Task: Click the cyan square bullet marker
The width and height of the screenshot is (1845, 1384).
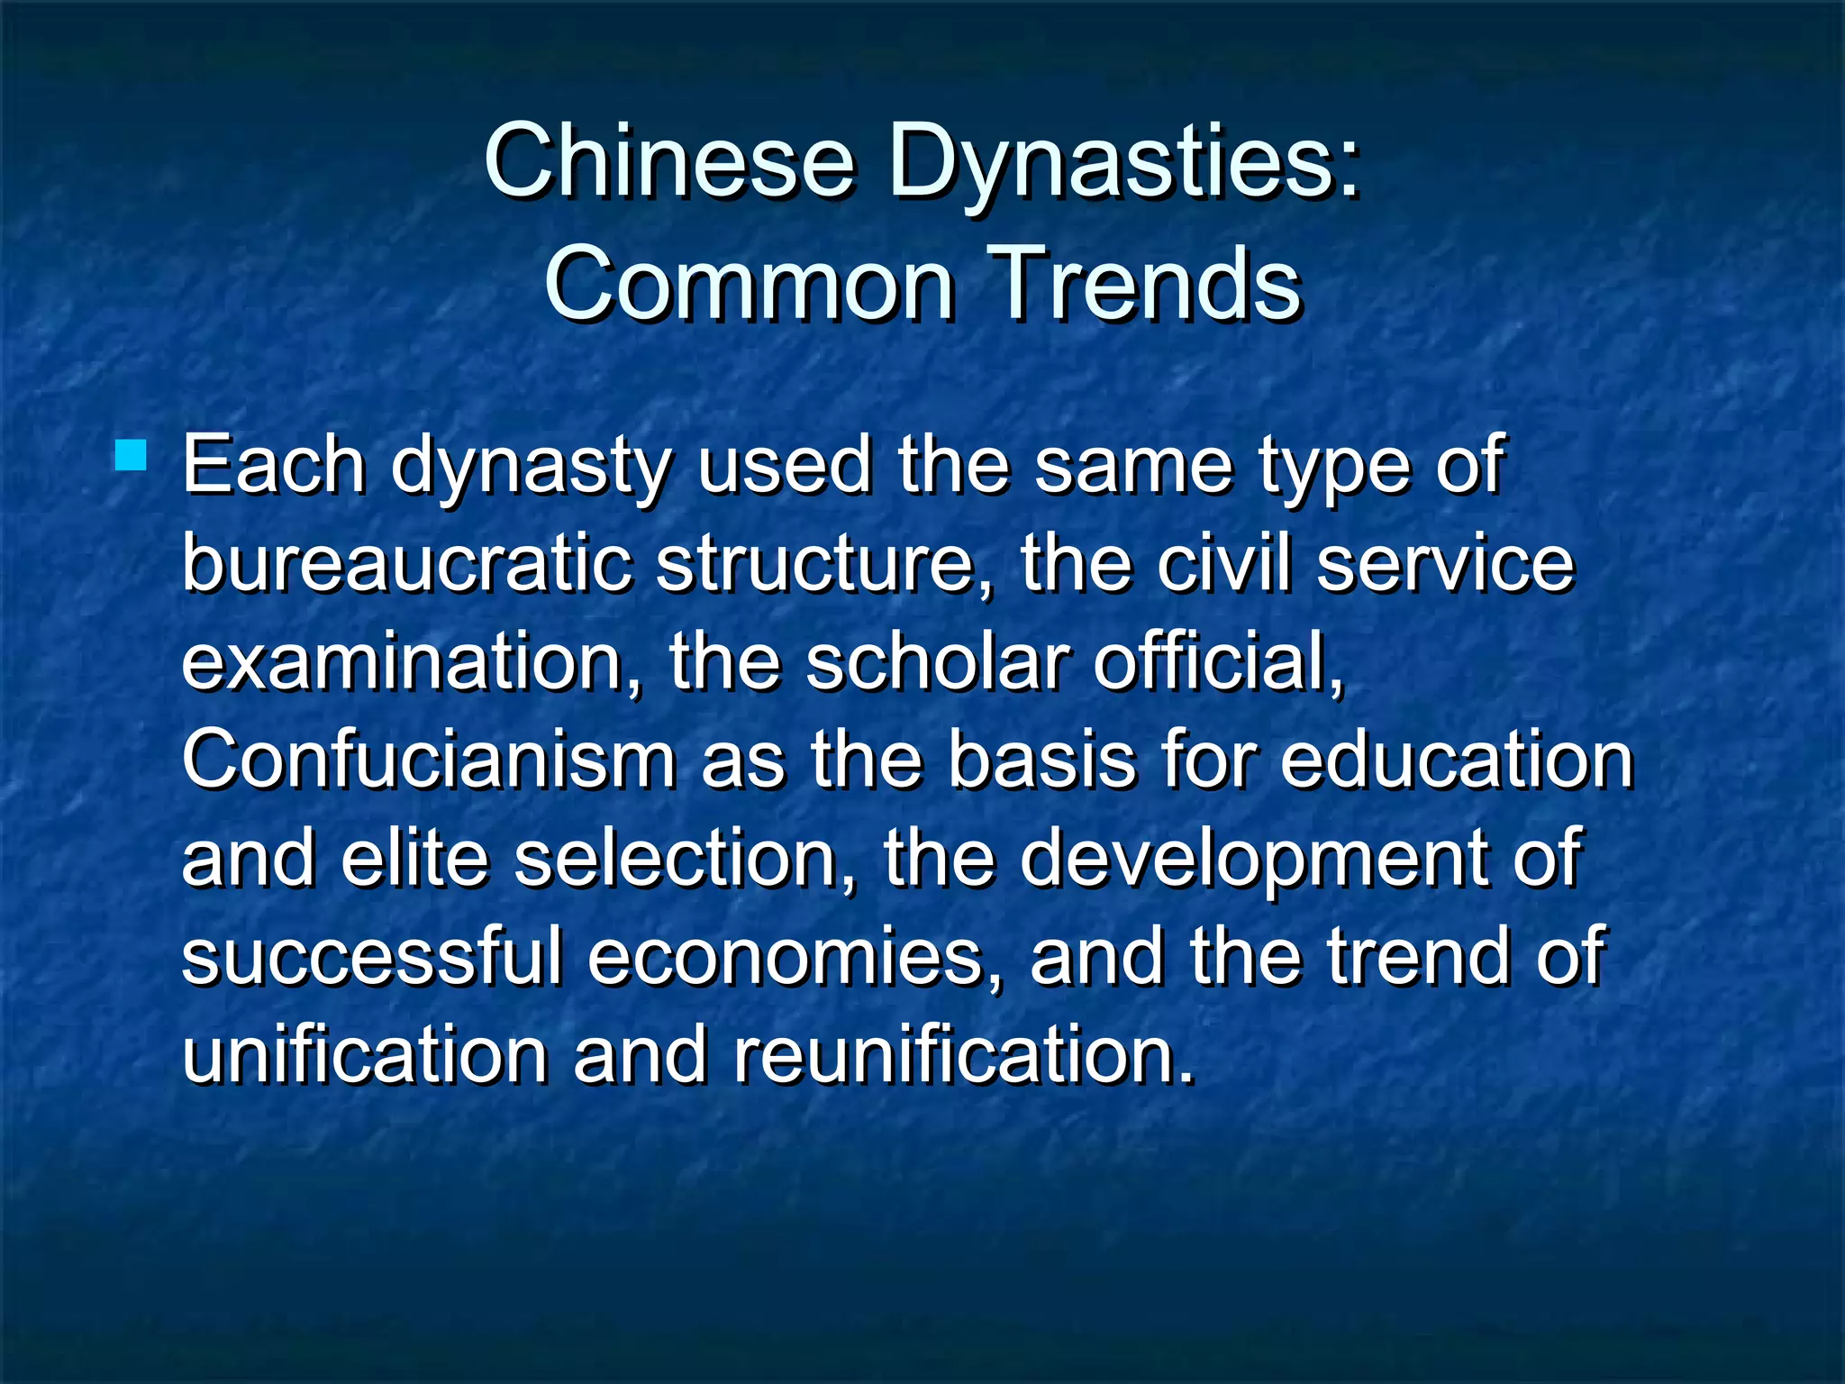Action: tap(132, 455)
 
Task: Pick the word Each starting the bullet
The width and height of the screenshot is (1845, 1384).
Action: tap(274, 465)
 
